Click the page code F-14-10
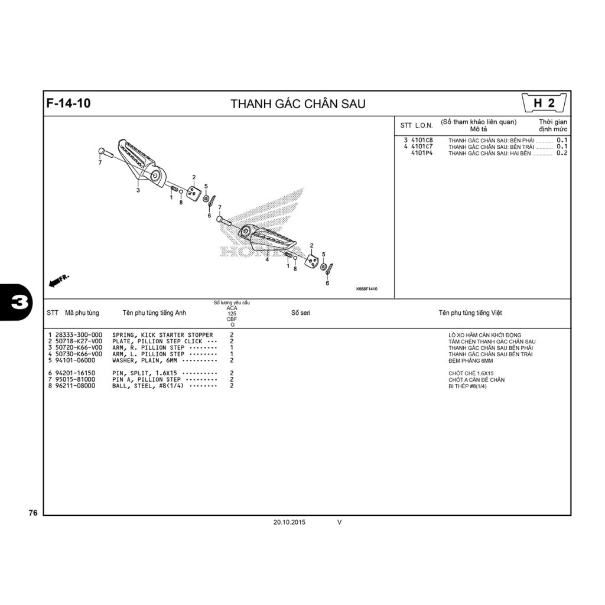[69, 103]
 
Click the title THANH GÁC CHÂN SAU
[298, 104]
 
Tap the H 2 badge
[544, 103]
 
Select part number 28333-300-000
[79, 335]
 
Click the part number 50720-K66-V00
[79, 347]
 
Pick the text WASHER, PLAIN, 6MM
[145, 360]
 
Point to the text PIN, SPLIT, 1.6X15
[145, 373]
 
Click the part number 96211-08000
[75, 386]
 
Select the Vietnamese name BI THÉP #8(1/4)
[467, 386]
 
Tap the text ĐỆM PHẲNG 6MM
[470, 361]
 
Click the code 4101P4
[422, 153]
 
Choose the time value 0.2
[562, 153]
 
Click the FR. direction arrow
[58, 281]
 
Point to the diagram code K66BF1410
[366, 289]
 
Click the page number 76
[33, 513]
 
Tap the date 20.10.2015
[290, 522]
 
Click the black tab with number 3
[15, 302]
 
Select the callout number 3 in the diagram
[138, 190]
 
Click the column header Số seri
[301, 313]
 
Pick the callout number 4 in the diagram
[267, 260]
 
